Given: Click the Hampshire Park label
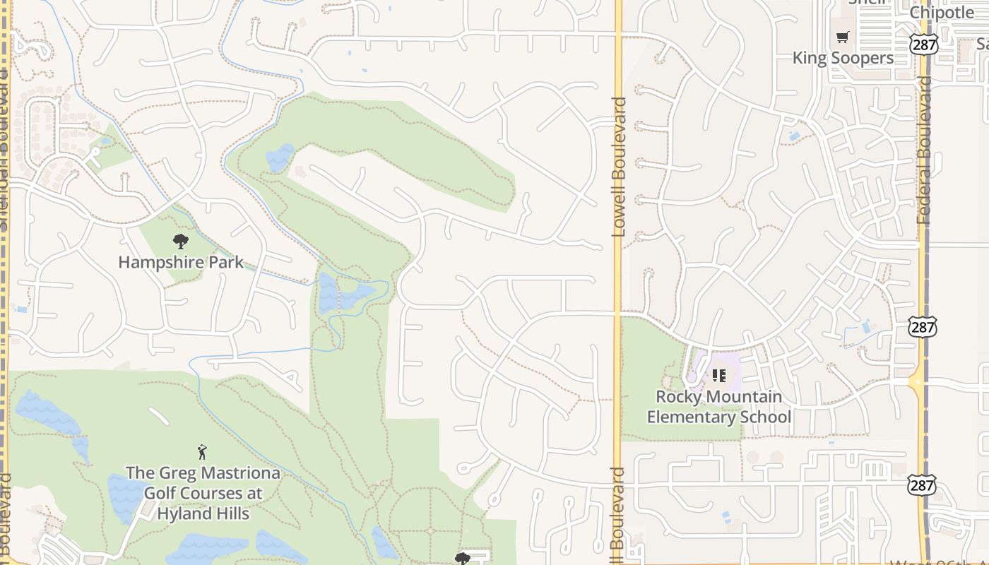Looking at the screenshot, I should coord(181,262).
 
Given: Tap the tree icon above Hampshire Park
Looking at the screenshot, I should coord(181,242).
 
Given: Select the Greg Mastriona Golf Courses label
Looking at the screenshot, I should coord(203,493).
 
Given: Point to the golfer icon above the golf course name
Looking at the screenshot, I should coord(203,452).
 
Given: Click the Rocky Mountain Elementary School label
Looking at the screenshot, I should coord(719,407).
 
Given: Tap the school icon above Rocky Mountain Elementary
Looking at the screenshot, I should coord(719,376).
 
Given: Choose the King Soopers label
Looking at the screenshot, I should coord(843,58).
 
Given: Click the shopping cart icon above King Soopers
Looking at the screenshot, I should coord(842,37).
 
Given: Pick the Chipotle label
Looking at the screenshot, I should coord(942,12).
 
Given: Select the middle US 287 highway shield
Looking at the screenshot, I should coord(923,327).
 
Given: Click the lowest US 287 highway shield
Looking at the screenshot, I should coord(921,484).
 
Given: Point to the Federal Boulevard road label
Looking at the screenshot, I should coord(925,150).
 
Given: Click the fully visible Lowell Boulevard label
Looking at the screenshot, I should coord(620,167).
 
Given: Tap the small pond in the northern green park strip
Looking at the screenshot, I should coord(280,157).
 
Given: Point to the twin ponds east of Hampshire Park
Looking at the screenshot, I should coord(343,293).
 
